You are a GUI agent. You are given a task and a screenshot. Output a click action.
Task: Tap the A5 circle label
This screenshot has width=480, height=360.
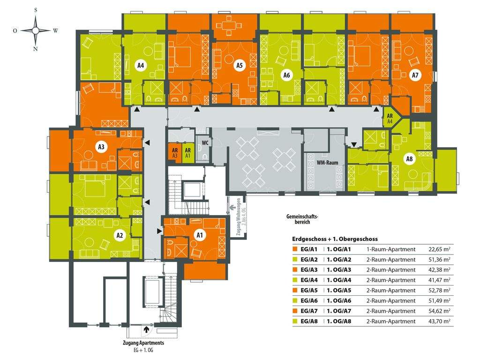pos(239,66)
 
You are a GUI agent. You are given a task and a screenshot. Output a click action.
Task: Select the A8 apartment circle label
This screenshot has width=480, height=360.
pos(410,159)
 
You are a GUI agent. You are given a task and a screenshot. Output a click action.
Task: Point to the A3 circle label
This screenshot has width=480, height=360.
pos(101,147)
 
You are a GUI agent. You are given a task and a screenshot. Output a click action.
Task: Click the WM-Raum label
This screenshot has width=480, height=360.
pos(328,163)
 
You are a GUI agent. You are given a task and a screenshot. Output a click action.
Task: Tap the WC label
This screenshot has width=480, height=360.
pos(205,142)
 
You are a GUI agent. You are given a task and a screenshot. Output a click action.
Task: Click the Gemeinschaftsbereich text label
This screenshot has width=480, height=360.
pos(302,219)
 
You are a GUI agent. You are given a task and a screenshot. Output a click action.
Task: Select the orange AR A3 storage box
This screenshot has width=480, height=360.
pos(174,153)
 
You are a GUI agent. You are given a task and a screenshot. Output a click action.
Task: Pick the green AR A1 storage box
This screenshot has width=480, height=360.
pos(187,153)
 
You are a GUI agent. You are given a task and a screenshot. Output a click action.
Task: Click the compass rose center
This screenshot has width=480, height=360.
pos(35,30)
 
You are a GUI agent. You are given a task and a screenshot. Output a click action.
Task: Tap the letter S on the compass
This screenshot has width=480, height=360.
pos(35,10)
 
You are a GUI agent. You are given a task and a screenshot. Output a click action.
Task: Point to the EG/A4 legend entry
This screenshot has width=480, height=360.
pos(310,280)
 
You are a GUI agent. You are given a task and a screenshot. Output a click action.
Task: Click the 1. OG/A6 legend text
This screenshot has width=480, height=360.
pos(339,300)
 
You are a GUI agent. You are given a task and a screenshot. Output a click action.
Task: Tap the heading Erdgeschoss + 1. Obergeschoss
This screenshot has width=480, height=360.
pos(335,239)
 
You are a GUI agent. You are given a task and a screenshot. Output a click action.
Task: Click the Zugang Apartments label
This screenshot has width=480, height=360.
pos(143,343)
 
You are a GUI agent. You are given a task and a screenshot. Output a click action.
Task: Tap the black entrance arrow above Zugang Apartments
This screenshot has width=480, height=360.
pos(147,330)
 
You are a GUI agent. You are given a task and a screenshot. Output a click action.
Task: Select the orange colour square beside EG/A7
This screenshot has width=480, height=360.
pos(294,311)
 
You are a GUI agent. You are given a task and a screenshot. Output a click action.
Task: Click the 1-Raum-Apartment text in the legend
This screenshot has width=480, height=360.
pos(391,249)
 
